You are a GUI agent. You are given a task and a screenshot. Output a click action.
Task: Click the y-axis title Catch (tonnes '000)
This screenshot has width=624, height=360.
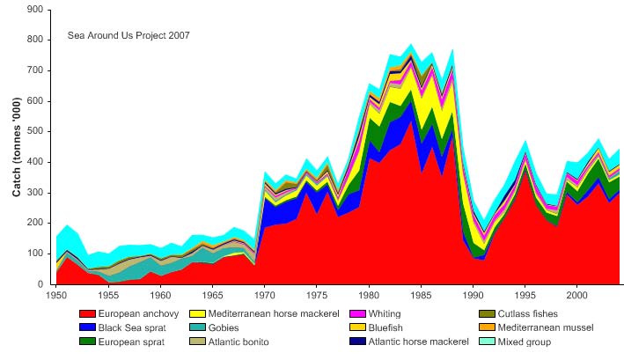[17, 147]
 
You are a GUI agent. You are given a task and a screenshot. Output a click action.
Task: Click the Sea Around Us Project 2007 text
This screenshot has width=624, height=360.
[128, 36]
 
